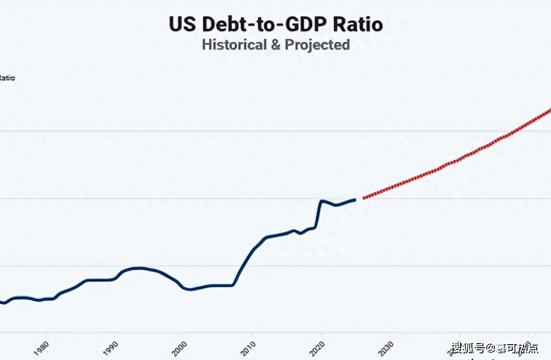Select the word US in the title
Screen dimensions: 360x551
click(x=182, y=25)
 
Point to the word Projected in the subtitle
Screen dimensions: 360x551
click(x=317, y=44)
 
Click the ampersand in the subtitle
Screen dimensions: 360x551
click(x=275, y=44)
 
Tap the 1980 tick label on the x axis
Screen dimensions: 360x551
click(x=42, y=347)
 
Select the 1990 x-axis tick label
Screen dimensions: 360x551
click(x=111, y=347)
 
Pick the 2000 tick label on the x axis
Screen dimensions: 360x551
click(x=180, y=347)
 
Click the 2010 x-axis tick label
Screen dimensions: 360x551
click(x=248, y=347)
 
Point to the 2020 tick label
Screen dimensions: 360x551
click(x=317, y=347)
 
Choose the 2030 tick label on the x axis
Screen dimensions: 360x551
click(x=386, y=347)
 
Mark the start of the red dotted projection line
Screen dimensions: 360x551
click(x=363, y=198)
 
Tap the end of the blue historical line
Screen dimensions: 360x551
click(x=355, y=199)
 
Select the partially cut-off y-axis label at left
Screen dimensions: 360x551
click(x=7, y=78)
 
